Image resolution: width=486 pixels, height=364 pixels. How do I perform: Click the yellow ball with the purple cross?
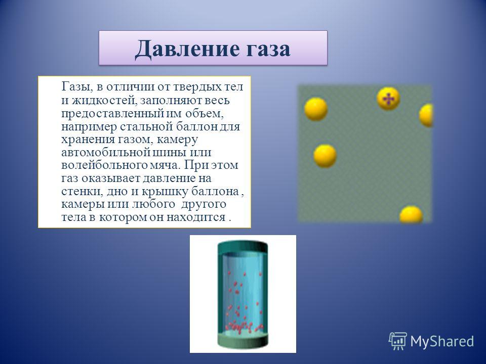tap(388, 99)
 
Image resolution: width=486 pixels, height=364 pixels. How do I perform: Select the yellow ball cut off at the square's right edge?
tap(426, 115)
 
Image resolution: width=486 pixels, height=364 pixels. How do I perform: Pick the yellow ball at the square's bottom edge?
tap(411, 214)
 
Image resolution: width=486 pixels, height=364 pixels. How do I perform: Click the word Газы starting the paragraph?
tap(75, 87)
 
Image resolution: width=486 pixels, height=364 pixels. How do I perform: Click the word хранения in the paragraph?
tap(88, 140)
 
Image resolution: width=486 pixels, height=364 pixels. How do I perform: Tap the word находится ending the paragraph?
tap(196, 217)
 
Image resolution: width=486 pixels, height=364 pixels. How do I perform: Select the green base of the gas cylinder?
tap(242, 341)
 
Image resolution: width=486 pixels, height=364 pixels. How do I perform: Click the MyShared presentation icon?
tap(398, 341)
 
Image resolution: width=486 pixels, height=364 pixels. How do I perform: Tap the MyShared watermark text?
tap(442, 342)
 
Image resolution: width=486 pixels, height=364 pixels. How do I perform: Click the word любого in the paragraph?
tap(154, 205)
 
